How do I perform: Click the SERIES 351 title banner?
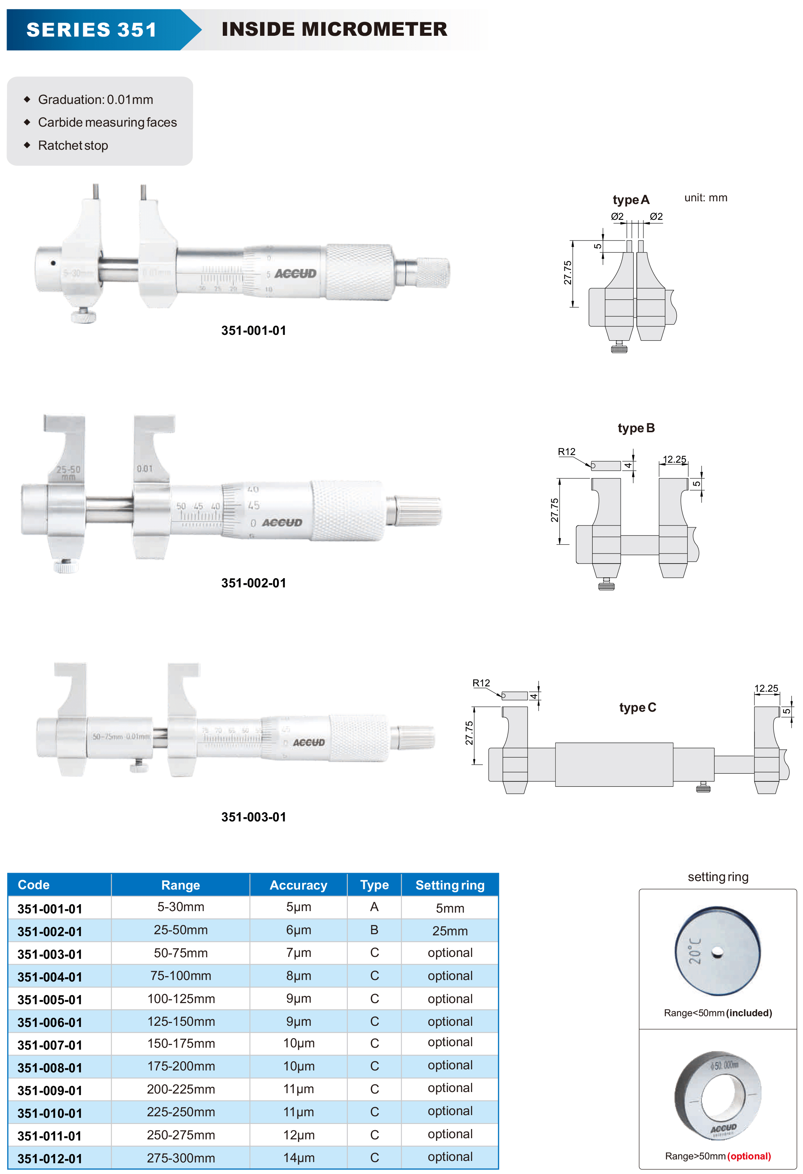tap(92, 30)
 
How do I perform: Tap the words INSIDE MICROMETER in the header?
tap(334, 29)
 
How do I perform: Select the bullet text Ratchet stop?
tap(73, 145)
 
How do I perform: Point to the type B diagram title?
tap(636, 428)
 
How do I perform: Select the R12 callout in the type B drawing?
tap(566, 452)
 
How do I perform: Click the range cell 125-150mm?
tap(181, 1022)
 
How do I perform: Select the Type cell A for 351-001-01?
tap(374, 907)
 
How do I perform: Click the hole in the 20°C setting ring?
tap(717, 953)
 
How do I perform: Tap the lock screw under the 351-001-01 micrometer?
tap(83, 317)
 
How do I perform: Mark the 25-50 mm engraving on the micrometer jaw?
tap(68, 473)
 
